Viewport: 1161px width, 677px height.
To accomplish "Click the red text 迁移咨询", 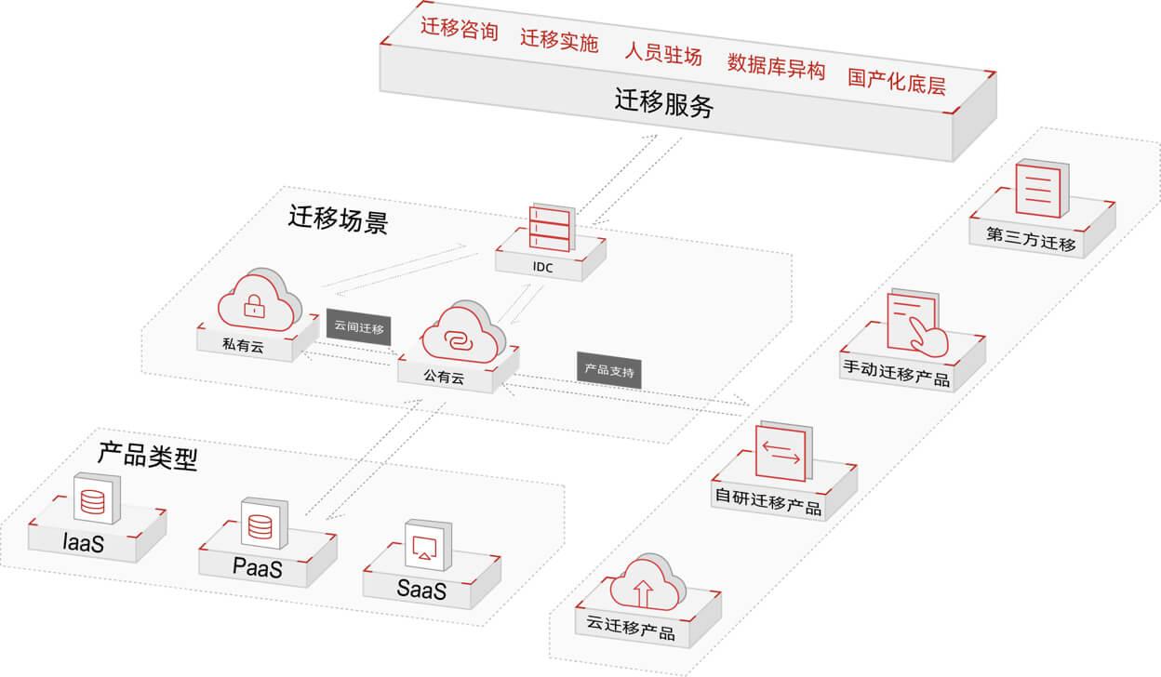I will (x=459, y=32).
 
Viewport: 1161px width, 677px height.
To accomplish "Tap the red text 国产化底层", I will (x=896, y=81).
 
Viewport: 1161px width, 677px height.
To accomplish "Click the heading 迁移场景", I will (x=338, y=220).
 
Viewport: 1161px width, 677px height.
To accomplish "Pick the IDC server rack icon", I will (x=549, y=227).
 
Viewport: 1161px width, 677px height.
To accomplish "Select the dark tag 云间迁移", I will (x=358, y=328).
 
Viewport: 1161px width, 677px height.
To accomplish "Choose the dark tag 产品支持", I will (x=608, y=370).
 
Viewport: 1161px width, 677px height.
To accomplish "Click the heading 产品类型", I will (x=148, y=456).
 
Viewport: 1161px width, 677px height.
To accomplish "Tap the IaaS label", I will (x=83, y=542).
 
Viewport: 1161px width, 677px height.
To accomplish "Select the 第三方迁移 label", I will (x=1031, y=245).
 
